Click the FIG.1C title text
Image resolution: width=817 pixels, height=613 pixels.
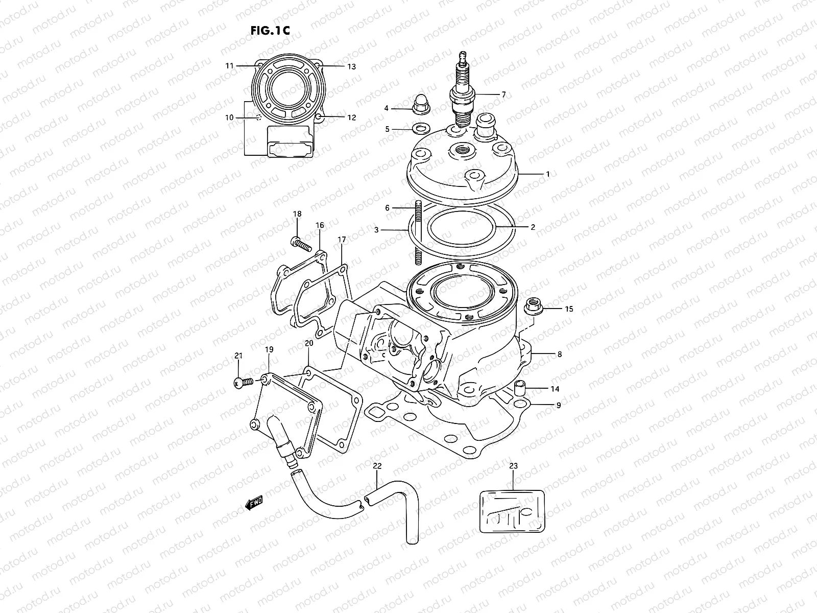pos(270,30)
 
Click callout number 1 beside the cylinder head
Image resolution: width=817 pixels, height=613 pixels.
pos(548,174)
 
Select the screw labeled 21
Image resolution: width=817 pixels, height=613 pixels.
pos(244,382)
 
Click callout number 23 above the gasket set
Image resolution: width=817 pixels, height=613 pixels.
pos(513,466)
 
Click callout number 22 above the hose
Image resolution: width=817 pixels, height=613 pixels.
pos(377,466)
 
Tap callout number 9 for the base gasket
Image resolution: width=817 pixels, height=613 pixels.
pos(559,406)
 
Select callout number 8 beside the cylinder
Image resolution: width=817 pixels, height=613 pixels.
pos(560,354)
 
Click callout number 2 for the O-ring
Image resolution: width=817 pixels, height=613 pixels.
pos(533,227)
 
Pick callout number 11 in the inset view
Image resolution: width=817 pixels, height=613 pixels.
pos(229,66)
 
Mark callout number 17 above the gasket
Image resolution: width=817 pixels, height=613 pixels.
pos(342,240)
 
